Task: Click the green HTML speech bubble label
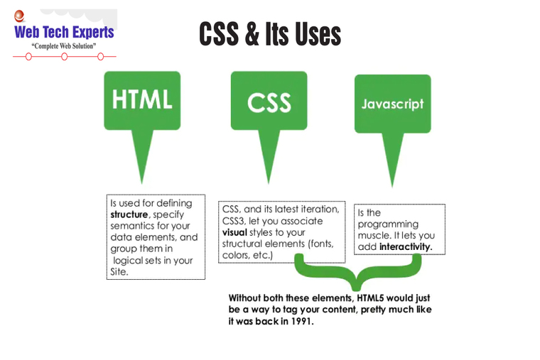click(x=142, y=99)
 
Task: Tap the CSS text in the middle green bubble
click(x=269, y=103)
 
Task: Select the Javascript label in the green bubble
click(x=392, y=104)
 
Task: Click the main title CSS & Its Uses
click(x=270, y=34)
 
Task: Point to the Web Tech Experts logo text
click(x=64, y=32)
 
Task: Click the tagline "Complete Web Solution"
click(x=64, y=46)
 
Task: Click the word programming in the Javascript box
click(x=388, y=224)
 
